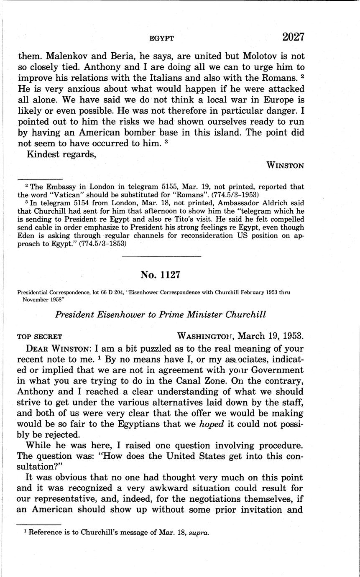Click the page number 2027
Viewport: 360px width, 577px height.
tap(293, 37)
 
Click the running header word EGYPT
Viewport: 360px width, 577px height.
tap(162, 38)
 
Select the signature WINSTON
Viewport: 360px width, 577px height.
tap(286, 165)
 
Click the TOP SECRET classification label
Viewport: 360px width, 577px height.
tap(40, 336)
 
